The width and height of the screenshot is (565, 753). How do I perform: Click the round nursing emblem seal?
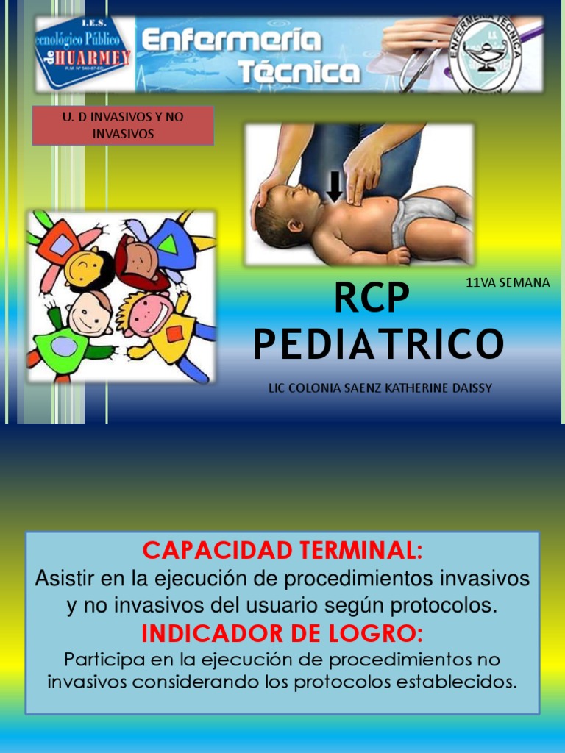pos(486,55)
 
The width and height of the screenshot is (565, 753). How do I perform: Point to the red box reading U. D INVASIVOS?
pos(123,125)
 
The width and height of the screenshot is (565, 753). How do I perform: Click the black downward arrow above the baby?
pos(335,187)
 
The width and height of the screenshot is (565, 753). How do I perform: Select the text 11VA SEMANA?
pos(508,282)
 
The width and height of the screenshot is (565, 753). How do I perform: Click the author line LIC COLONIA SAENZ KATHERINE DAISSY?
pos(380,388)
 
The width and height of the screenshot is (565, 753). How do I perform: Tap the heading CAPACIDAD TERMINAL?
pos(282,550)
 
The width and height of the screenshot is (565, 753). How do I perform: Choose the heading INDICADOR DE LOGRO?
pos(282,633)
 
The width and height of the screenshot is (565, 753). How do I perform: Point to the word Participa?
pos(104,659)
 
